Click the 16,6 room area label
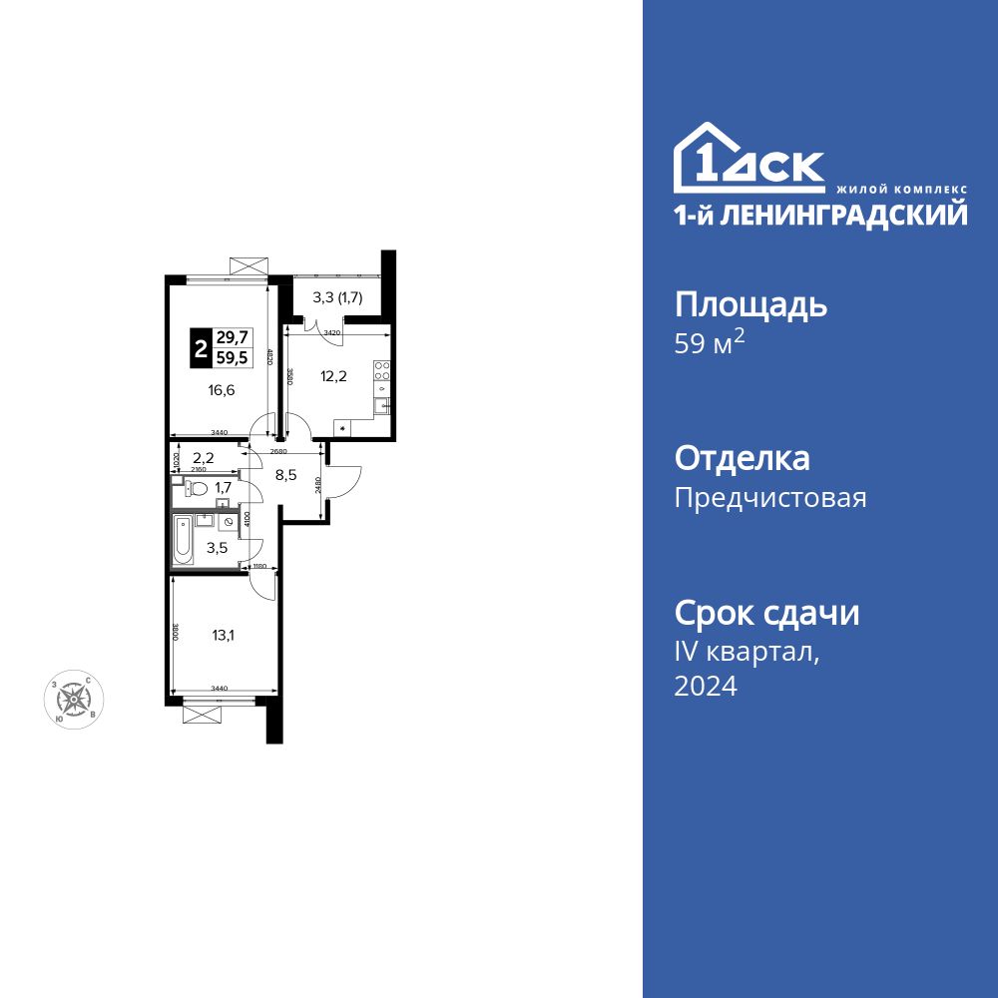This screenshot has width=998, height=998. (222, 390)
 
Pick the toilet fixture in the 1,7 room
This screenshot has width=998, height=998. (197, 489)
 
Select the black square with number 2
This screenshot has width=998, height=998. (201, 349)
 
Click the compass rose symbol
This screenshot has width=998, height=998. (75, 701)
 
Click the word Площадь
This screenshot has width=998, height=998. (750, 304)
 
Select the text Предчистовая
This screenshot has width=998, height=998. (770, 497)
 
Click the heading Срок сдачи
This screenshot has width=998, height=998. (766, 612)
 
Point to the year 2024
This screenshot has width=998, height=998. (706, 686)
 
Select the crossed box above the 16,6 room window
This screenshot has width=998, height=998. (249, 264)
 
